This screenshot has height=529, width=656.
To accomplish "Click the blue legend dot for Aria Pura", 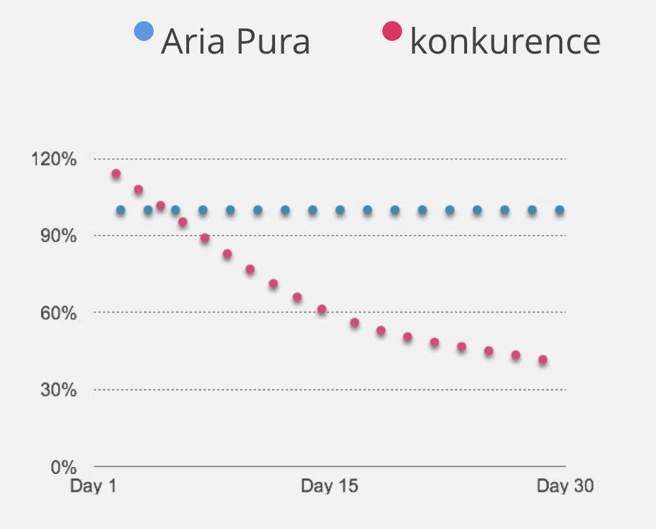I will tap(144, 31).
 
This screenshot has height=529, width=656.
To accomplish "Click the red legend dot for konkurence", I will tap(391, 31).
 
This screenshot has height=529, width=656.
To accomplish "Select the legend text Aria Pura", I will tap(236, 42).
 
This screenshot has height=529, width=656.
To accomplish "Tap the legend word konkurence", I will tap(505, 42).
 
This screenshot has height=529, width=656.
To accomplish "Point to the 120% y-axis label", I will tap(54, 159).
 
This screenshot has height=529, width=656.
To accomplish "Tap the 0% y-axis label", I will tap(62, 466).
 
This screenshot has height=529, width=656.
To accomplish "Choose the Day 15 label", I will tap(329, 486).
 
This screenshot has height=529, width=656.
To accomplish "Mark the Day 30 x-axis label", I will tap(565, 486).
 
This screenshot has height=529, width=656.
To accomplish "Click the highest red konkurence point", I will tap(116, 174).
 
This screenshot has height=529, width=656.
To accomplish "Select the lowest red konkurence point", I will tap(542, 360).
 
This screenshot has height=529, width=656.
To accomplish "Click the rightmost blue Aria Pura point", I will tap(559, 210).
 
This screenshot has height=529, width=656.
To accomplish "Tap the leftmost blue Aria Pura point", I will tap(121, 210).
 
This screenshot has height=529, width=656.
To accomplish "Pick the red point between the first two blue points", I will tap(138, 190).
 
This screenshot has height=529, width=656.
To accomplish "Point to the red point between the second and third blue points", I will tap(160, 206).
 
